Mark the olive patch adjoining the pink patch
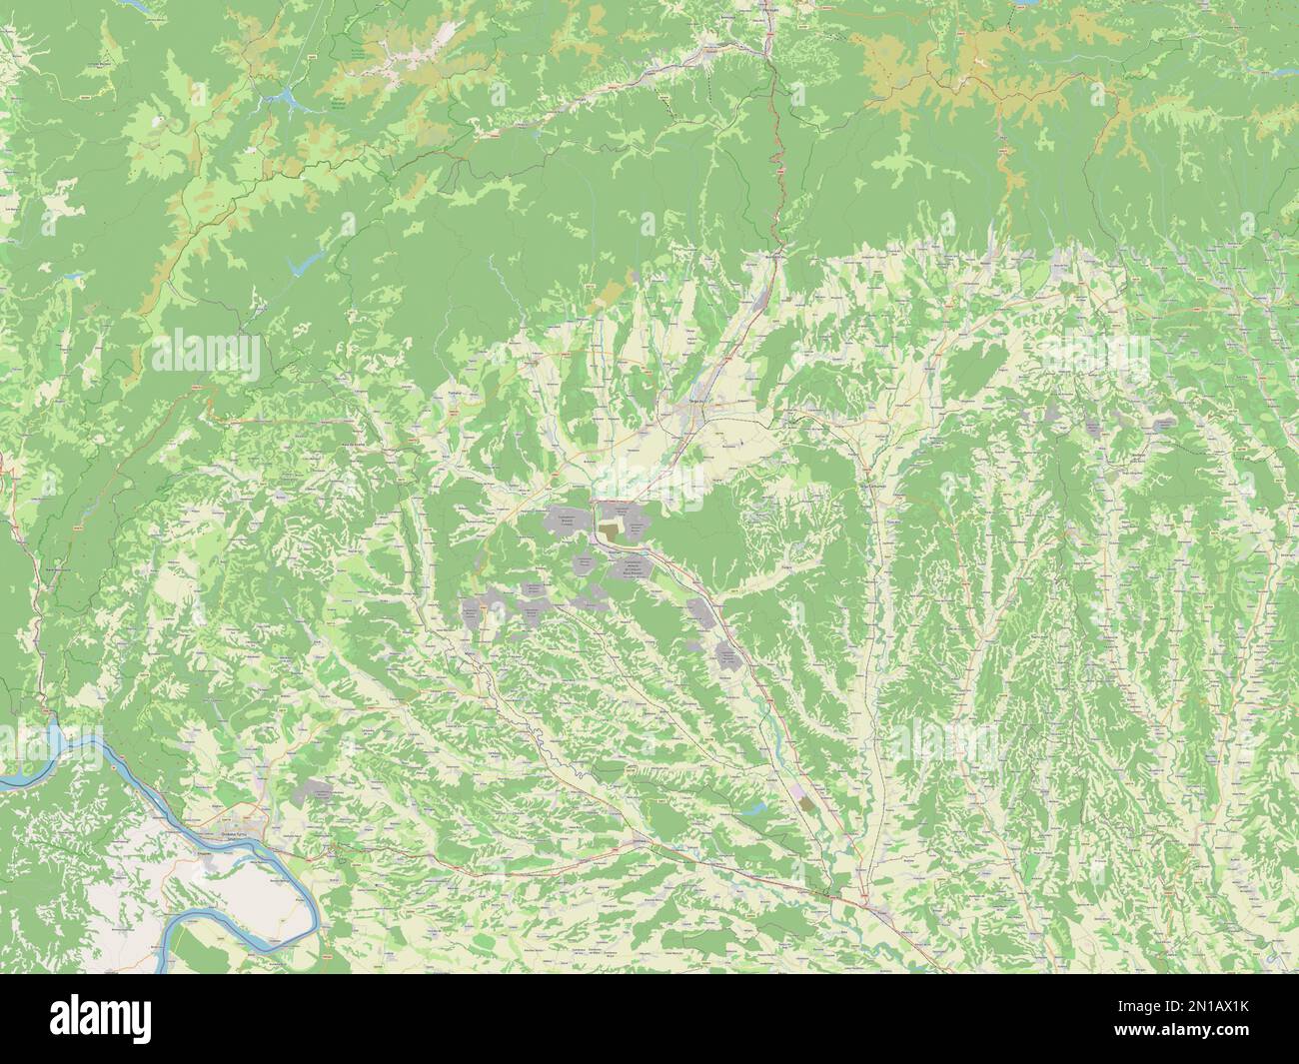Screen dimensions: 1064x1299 807,802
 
